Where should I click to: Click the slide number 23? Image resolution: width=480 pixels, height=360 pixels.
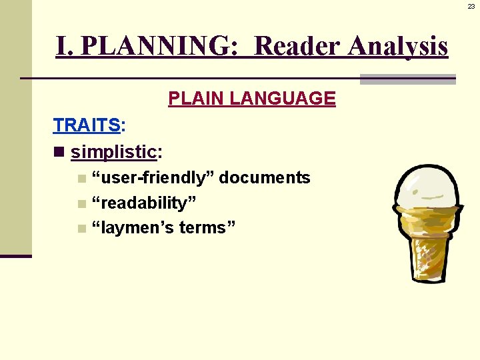(471, 6)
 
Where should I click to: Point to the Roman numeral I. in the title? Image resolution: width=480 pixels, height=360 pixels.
(65, 47)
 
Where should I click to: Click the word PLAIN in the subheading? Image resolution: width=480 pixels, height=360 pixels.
(196, 99)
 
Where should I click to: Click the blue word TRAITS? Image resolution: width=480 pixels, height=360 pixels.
(87, 125)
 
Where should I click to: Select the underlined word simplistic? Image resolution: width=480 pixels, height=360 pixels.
(113, 152)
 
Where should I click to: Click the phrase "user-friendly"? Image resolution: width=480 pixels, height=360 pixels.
(153, 178)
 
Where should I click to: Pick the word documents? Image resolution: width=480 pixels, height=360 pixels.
(265, 178)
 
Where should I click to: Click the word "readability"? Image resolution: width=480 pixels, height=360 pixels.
(145, 203)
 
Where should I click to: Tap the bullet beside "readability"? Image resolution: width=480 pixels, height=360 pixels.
(81, 203)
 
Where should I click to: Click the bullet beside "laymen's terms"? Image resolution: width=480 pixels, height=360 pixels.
(81, 229)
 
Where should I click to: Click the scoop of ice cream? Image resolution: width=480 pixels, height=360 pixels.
(425, 187)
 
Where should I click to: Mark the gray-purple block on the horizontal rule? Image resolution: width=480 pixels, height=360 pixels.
(407, 79)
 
